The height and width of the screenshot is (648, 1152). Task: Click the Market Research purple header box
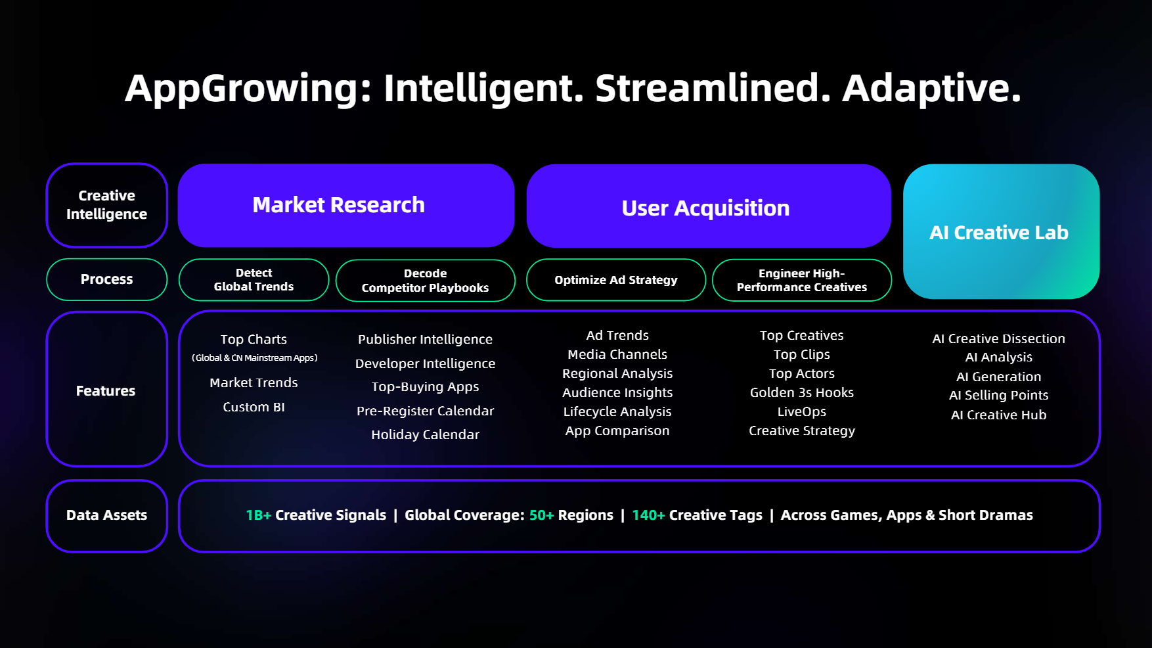[x=345, y=205]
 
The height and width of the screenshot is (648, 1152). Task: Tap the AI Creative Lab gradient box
[x=1000, y=232]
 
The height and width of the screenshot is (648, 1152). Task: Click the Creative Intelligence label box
[x=106, y=205]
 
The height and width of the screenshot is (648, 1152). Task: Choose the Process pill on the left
[x=106, y=279]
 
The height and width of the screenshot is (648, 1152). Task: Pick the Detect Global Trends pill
[x=254, y=280]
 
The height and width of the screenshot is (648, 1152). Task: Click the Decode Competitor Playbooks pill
[x=425, y=281]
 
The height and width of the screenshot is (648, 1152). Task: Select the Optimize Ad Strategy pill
[x=615, y=280]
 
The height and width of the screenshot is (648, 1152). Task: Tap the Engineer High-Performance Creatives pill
[x=801, y=281]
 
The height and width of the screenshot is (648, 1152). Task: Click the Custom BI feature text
[x=254, y=407]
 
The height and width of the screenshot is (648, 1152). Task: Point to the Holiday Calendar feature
[x=425, y=434]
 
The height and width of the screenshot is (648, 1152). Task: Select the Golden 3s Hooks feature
[x=801, y=392]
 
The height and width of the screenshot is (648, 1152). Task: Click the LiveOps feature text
[x=801, y=411]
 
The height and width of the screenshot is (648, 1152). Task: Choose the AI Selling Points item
[x=998, y=395]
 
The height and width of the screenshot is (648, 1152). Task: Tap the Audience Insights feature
[x=617, y=392]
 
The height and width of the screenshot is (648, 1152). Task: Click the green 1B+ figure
[x=258, y=515]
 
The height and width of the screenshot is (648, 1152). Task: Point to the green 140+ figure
[x=648, y=515]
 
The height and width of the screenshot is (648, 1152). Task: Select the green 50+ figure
[x=541, y=515]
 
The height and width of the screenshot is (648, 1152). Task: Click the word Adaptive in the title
[x=931, y=88]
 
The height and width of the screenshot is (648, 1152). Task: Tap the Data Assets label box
[x=106, y=515]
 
